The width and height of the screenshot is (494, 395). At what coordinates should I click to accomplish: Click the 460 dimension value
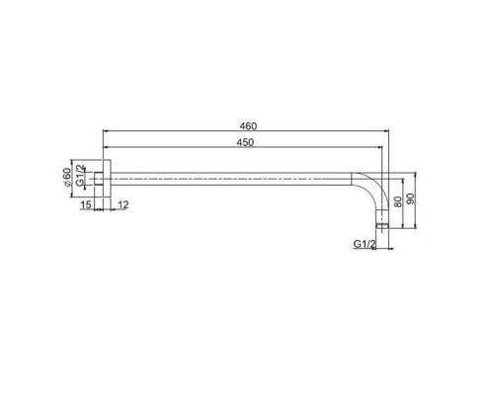(248, 126)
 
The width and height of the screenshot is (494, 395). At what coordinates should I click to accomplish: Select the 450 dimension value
(245, 142)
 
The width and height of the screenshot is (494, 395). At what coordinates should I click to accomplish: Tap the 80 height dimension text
(398, 201)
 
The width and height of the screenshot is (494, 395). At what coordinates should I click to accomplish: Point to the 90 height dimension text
(411, 198)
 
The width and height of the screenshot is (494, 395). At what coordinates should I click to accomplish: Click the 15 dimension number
(86, 205)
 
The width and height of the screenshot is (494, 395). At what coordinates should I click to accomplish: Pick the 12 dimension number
(123, 205)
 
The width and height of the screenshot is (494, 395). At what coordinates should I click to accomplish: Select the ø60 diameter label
(67, 178)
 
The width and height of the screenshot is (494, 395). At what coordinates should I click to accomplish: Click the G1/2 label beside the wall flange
(80, 176)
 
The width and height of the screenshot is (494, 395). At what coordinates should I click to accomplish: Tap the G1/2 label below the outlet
(365, 244)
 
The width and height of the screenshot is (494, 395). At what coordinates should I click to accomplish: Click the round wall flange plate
(107, 179)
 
